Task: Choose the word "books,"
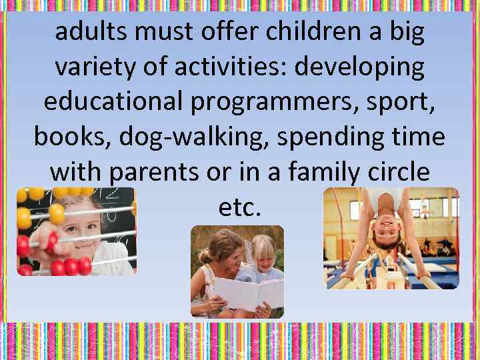click(73, 137)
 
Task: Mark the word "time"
click(420, 137)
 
